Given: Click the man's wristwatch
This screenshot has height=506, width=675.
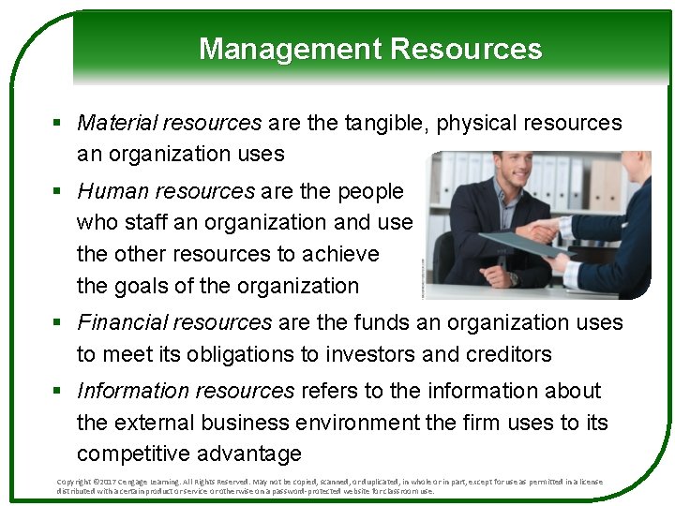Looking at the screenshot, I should point(513,277).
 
